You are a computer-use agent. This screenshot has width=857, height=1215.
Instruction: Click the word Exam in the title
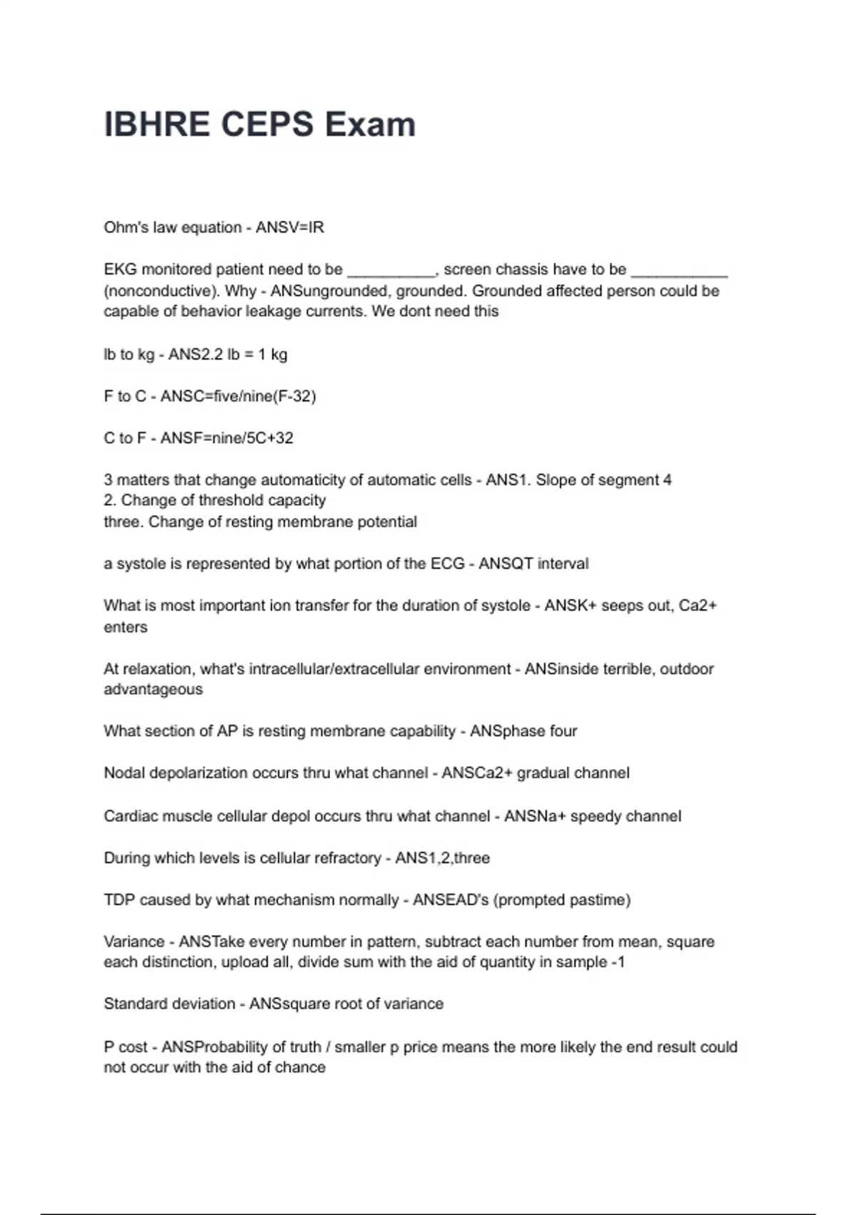(370, 124)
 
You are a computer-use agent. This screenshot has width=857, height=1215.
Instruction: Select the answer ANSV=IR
(290, 227)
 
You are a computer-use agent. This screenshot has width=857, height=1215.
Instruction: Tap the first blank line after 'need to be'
(391, 270)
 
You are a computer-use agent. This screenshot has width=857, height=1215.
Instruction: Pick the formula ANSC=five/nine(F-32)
(238, 396)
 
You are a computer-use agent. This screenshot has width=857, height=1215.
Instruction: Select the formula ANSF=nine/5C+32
(226, 438)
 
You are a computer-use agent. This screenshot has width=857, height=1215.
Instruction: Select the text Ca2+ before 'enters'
(697, 606)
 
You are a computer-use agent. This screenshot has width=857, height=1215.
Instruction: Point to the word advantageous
(153, 690)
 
